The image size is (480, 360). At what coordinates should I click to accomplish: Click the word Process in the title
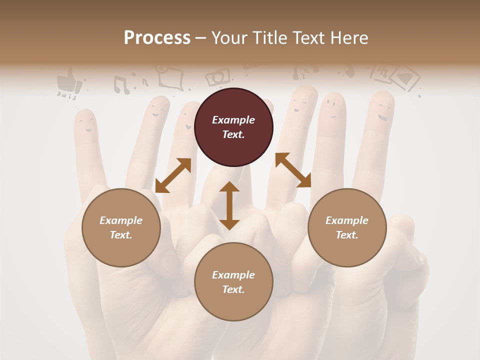click(157, 38)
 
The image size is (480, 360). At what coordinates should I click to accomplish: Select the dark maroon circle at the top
click(233, 127)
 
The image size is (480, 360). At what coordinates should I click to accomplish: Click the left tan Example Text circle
click(121, 227)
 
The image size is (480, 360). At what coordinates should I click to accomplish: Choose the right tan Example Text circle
click(347, 227)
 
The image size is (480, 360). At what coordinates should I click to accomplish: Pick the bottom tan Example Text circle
click(233, 282)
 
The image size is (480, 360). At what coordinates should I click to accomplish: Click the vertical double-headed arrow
click(229, 205)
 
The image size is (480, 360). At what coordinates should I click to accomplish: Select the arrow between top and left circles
click(173, 175)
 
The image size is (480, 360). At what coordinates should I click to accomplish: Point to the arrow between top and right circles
click(293, 170)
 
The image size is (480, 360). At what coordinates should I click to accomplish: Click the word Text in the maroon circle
click(233, 134)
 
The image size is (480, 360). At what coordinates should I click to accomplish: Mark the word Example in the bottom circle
click(233, 274)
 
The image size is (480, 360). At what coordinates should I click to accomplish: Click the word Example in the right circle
click(347, 220)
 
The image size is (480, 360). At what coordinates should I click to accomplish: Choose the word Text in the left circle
click(121, 235)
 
